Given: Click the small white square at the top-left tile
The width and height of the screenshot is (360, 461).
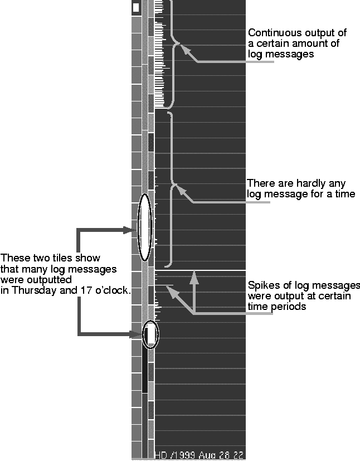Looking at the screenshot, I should point(136,8).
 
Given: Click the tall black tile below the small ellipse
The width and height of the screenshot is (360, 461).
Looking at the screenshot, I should point(145,370).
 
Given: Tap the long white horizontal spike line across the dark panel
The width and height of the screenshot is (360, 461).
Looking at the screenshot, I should point(212,271).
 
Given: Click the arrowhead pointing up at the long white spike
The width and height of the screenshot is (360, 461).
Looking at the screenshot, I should point(194,275).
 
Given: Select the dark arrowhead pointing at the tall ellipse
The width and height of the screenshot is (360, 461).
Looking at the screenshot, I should point(132,229).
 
